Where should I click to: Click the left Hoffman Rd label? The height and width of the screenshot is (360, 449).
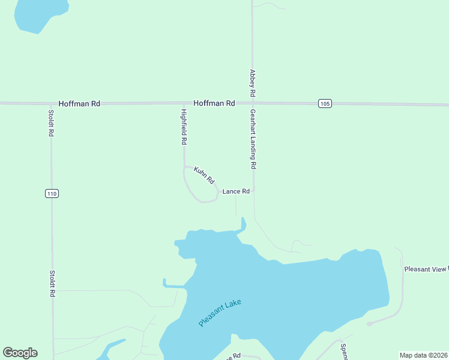point(79,103)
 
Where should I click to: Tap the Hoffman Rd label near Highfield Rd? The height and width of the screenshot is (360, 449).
point(214,103)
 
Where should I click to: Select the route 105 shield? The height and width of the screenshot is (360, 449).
point(325,104)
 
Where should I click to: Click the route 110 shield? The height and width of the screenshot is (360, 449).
point(52,193)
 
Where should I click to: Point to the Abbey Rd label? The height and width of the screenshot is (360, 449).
point(253,83)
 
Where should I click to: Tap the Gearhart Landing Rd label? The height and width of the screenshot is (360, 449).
point(253,139)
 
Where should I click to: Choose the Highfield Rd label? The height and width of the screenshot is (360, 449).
point(184,127)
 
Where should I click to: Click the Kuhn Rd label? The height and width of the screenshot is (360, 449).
point(204,175)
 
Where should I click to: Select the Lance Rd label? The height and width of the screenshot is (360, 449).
point(236,191)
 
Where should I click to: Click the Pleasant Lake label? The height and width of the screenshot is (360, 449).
point(220,313)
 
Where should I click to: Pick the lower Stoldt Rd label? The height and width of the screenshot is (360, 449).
point(52,283)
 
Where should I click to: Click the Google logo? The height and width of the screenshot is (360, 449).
point(20,353)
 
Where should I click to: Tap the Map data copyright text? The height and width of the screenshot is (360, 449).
point(423,355)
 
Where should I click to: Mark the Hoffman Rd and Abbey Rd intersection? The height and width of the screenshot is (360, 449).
point(253,103)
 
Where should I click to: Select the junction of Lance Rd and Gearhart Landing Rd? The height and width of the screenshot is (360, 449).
point(253,191)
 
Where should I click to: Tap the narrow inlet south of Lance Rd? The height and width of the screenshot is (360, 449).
point(243,224)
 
